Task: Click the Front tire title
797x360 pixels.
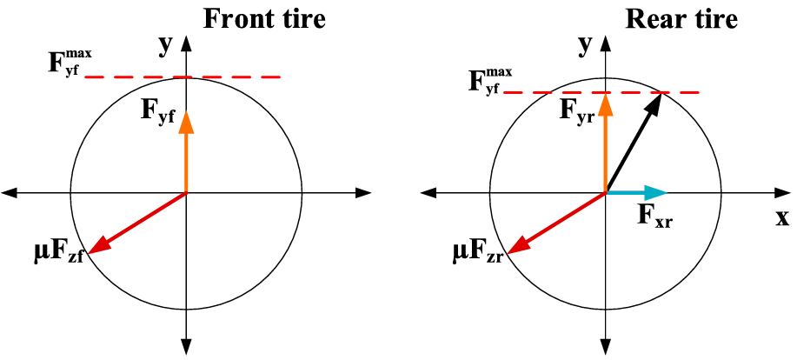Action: coord(264,19)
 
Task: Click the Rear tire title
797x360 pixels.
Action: coord(681,19)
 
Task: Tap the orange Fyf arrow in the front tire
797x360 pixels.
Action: coord(187,152)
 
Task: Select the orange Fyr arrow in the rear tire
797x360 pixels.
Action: coord(605,143)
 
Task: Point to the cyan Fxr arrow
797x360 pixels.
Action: coord(636,193)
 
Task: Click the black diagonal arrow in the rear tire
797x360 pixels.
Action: coord(634,143)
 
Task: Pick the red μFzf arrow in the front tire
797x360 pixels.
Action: coord(137,223)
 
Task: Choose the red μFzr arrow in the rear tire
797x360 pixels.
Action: coord(556,223)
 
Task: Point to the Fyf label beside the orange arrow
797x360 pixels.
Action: coord(158,116)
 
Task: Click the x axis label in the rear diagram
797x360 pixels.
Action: coord(782,217)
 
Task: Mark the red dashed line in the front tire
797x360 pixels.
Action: coord(183,77)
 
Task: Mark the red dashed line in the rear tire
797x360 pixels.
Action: coord(601,92)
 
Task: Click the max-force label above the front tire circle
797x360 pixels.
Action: coord(70,63)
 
